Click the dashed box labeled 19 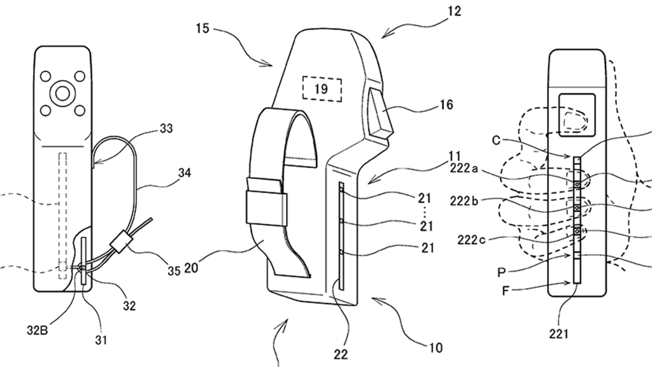[321, 89]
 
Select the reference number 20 [190, 268]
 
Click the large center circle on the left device [62, 94]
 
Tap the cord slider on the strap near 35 [120, 244]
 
